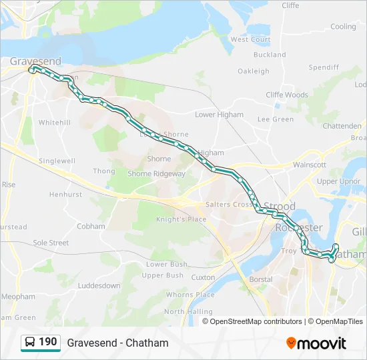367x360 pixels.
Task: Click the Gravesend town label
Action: coord(35,61)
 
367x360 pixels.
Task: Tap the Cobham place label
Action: coord(91,227)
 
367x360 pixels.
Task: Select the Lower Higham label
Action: coord(219,115)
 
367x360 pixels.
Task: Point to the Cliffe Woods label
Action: coord(287,95)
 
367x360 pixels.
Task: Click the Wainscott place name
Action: coord(309,165)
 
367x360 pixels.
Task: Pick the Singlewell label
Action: coord(57,161)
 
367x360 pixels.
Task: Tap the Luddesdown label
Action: coord(99,286)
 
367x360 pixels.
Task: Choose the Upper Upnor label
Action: coord(339,181)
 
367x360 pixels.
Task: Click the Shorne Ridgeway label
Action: coord(156,174)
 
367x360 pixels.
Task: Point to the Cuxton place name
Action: coord(203,277)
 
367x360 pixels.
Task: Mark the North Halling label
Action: coord(188,311)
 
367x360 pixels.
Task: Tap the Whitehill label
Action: coord(54,123)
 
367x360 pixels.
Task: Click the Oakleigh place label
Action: coord(254,71)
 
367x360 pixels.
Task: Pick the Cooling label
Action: coord(344,27)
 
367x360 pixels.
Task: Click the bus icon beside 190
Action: coord(29,343)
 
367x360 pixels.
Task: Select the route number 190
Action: coord(48,342)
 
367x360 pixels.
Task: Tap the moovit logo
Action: coord(316,343)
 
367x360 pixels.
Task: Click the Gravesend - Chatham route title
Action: coord(117,343)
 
